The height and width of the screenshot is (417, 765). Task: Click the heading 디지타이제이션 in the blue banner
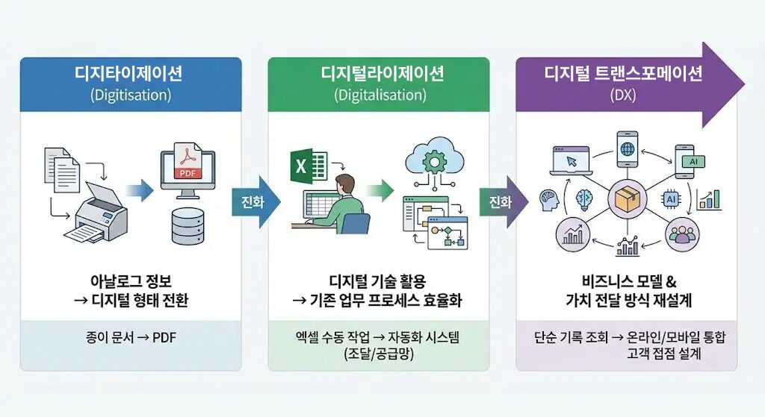pyautogui.click(x=128, y=74)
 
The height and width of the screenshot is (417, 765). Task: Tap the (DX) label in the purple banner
pyautogui.click(x=622, y=95)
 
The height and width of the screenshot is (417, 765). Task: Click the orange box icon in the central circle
pyautogui.click(x=627, y=199)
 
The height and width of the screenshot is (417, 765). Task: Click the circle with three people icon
pyautogui.click(x=682, y=235)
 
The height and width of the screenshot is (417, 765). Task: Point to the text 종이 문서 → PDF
pyautogui.click(x=130, y=338)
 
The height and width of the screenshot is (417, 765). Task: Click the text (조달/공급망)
pyautogui.click(x=378, y=354)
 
